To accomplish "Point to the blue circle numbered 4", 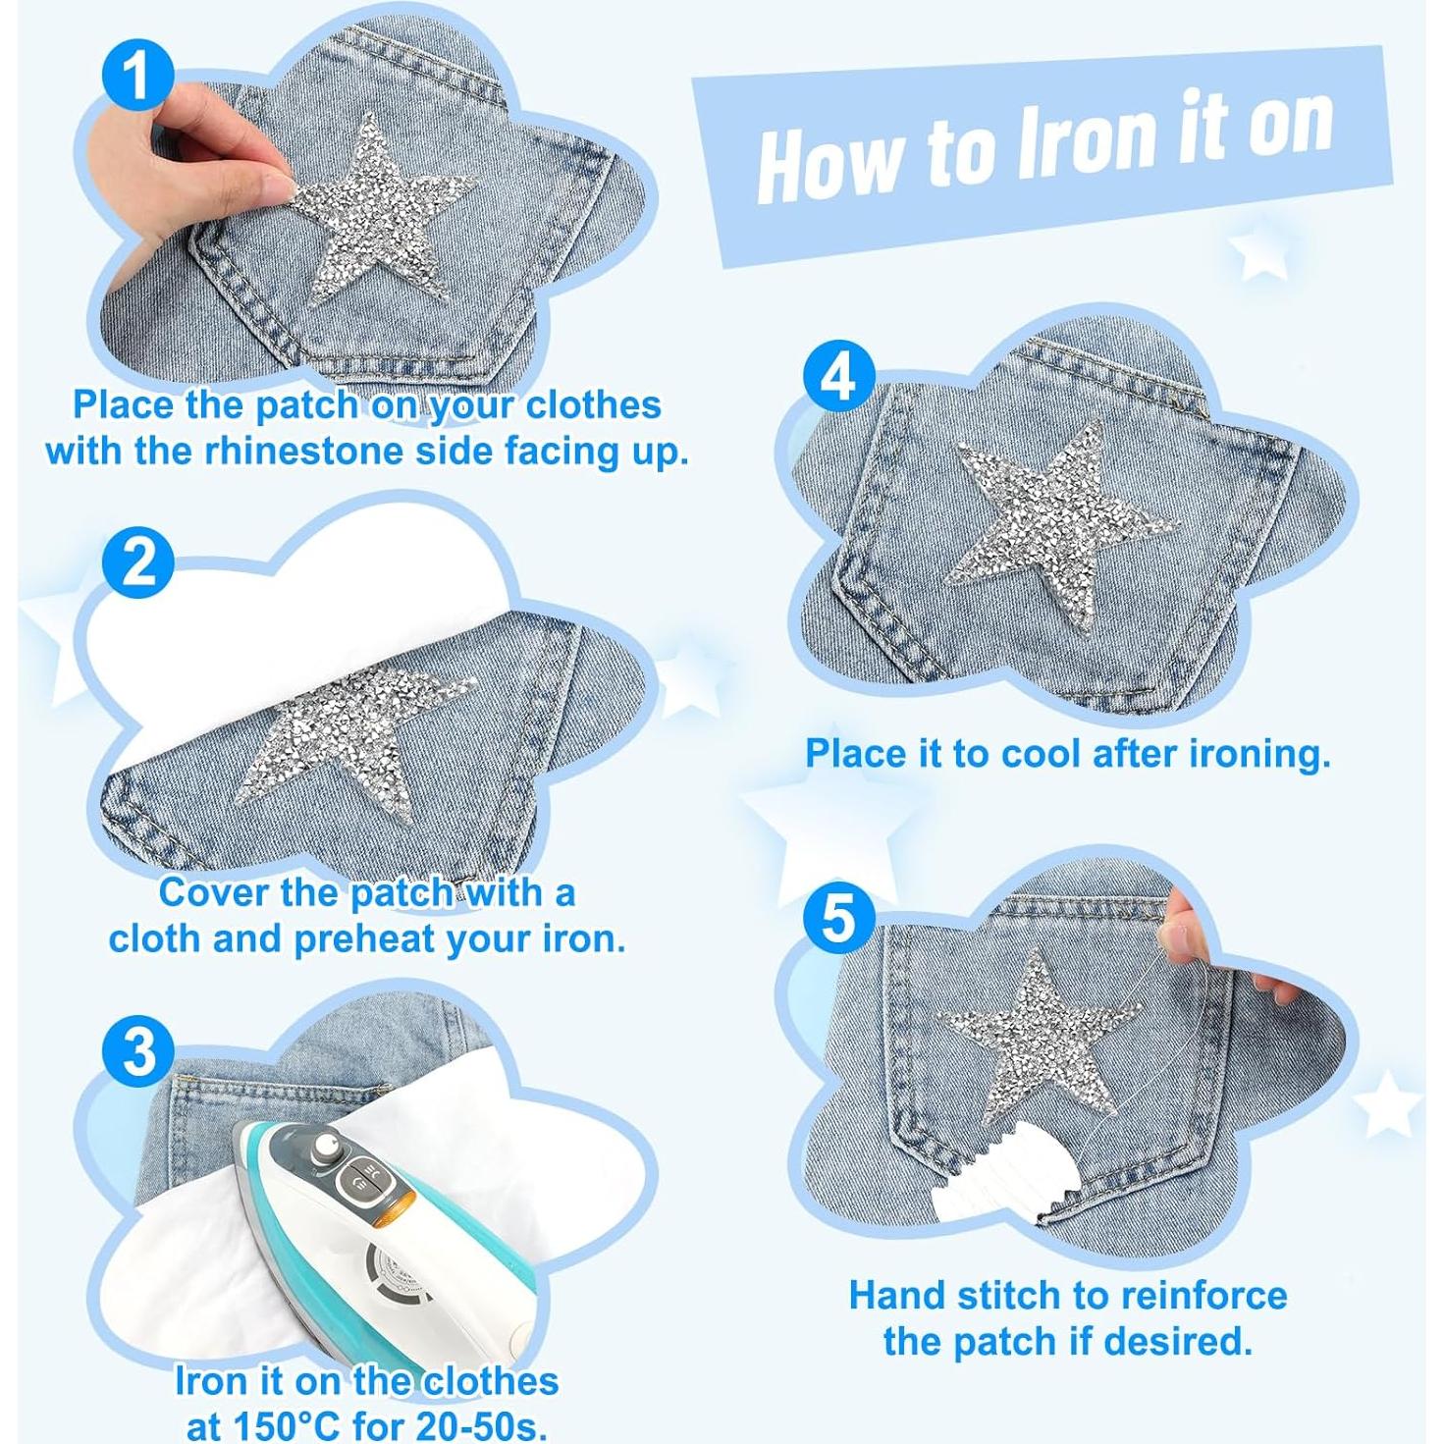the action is coord(838,379).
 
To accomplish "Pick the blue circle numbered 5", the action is coord(838,921).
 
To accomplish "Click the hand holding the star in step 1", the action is coord(188,147).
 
